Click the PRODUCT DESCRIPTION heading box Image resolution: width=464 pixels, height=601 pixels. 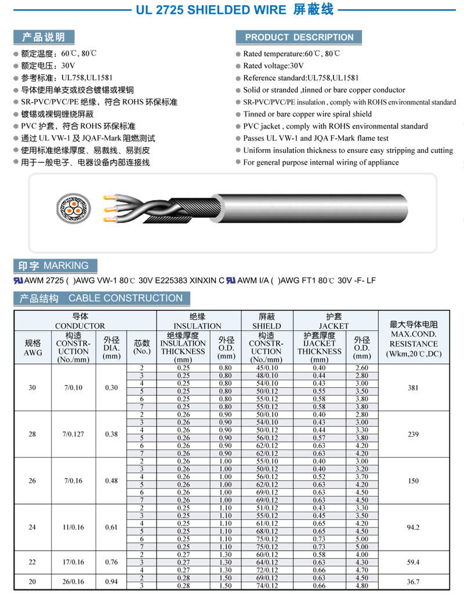click(299, 37)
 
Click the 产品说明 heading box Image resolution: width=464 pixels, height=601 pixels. click(43, 37)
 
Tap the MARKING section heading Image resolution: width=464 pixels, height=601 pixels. click(53, 266)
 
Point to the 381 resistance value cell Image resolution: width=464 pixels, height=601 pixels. click(413, 388)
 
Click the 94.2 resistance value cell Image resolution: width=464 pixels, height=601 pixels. click(413, 527)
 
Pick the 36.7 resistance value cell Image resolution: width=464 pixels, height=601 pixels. click(413, 582)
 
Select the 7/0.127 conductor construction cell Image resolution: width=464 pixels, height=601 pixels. click(74, 434)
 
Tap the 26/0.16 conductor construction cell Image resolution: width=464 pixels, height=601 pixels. click(74, 582)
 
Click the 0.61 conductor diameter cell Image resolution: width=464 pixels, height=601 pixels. click(111, 527)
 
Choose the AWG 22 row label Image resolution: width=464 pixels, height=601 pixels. click(32, 562)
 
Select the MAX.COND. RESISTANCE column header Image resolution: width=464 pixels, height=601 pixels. click(414, 338)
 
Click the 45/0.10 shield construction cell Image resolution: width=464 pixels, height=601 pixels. click(266, 368)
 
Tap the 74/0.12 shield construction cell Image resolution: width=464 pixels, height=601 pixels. click(266, 586)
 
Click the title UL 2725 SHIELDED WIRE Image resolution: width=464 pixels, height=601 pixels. click(211, 10)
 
